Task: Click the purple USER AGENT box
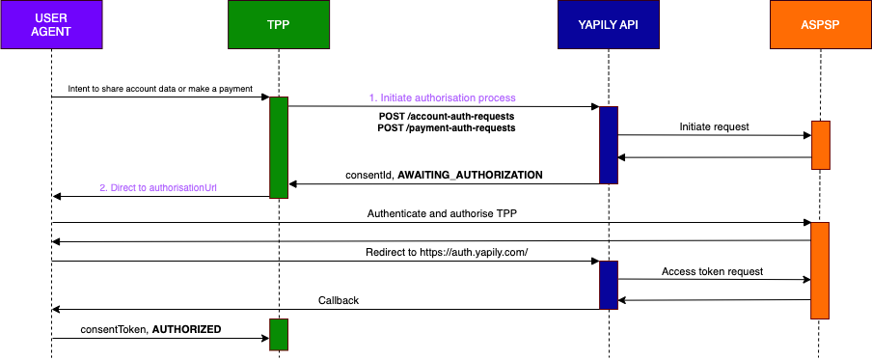51,25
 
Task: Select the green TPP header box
278,25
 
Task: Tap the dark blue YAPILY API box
608,25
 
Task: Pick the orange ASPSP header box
820,25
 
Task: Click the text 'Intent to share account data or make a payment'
160,89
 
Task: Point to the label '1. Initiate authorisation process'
443,97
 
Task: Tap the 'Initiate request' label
713,126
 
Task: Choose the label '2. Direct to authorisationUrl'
156,187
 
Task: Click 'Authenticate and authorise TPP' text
443,213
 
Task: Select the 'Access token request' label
713,272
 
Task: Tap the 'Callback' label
339,300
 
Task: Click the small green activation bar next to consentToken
278,334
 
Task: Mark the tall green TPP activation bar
278,147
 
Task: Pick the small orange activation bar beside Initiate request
820,145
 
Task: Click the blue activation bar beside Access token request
608,284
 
